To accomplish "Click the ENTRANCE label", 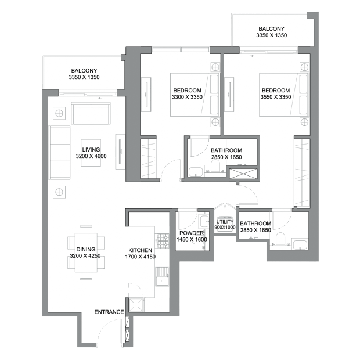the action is point(109,312).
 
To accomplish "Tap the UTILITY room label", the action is point(225,222).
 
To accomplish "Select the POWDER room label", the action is point(192,233).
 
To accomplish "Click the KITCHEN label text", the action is point(140,250).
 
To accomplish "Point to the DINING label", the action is point(85,249).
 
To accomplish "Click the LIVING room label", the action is point(91,149).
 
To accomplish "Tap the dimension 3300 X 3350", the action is point(187,97).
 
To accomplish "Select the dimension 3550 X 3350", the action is point(275,97).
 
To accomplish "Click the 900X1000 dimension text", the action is point(225,227).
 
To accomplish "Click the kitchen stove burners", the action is point(162,240).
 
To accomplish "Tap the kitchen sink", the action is point(162,276).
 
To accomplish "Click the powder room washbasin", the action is point(204,221).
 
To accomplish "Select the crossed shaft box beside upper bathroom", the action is point(243,174).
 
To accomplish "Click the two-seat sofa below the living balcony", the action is point(91,114).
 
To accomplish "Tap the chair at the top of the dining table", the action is point(86,229).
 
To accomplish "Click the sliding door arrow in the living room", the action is point(100,98).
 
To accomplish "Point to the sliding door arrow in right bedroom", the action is point(251,56).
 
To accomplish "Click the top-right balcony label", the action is point(272,32).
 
